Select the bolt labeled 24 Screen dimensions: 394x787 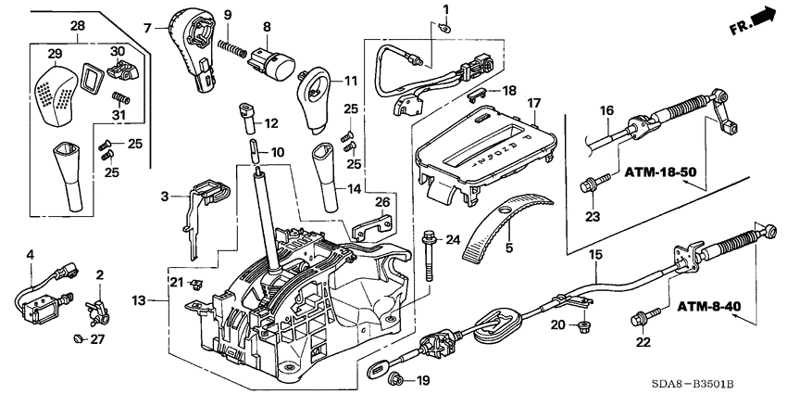pos(431,254)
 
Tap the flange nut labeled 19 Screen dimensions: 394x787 pos(397,377)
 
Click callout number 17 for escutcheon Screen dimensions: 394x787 pos(533,101)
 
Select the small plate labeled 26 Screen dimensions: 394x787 pos(374,225)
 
